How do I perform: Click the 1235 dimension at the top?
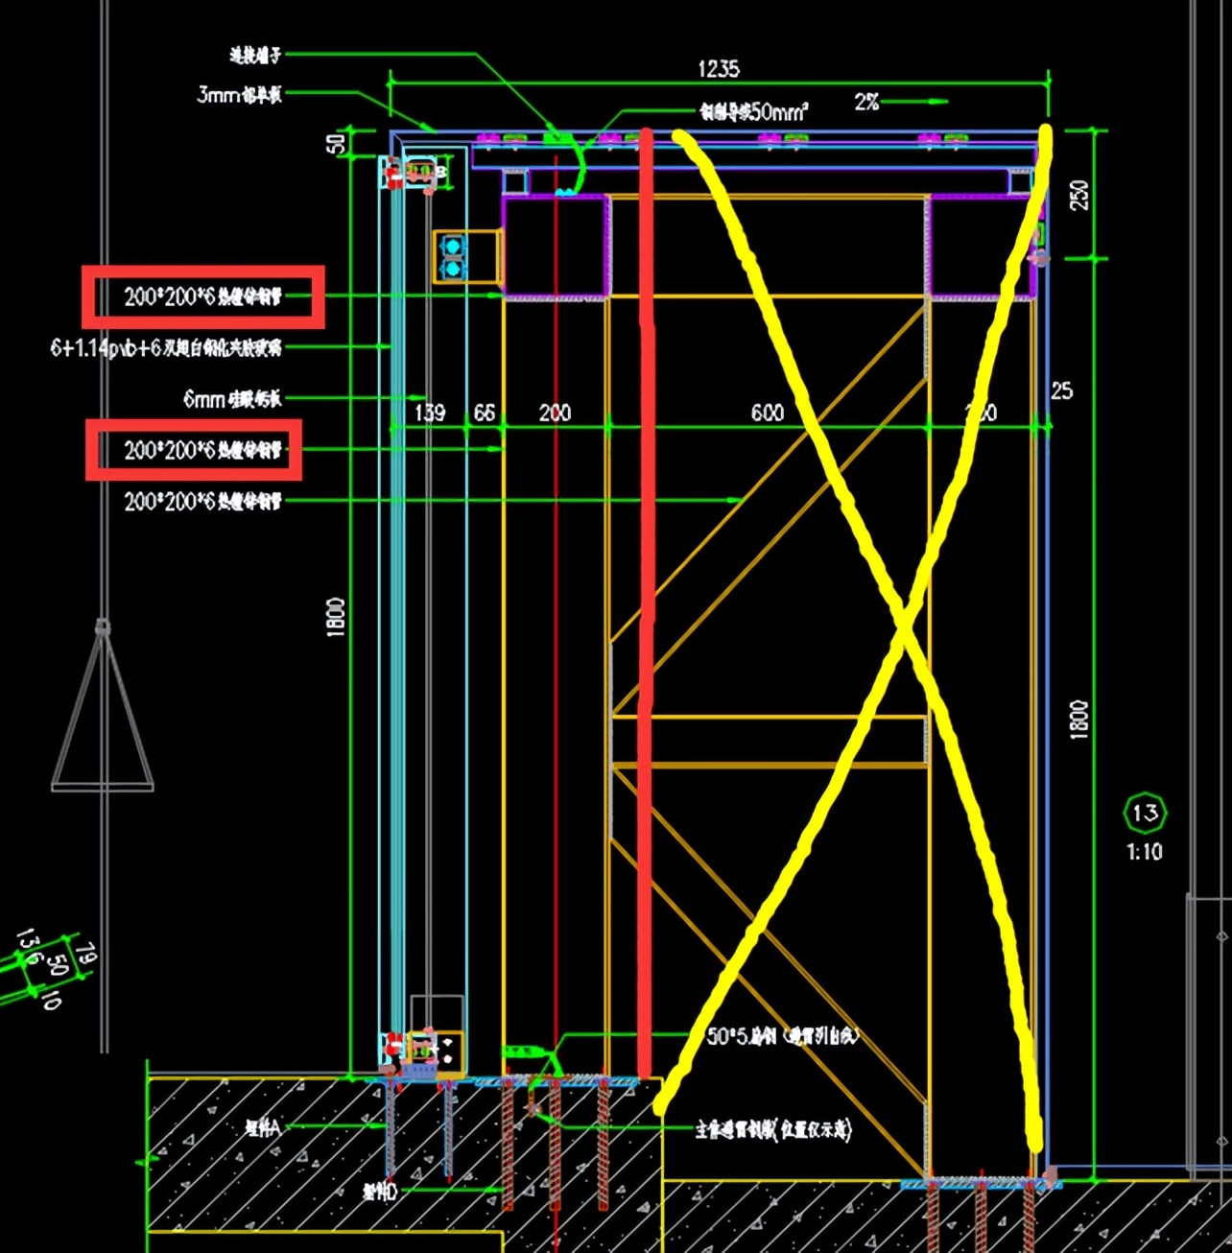pyautogui.click(x=719, y=69)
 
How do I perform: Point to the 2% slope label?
pyautogui.click(x=867, y=102)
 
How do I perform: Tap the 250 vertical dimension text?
pyautogui.click(x=1079, y=195)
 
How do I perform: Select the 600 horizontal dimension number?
pyautogui.click(x=767, y=413)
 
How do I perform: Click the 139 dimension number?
pyautogui.click(x=430, y=413)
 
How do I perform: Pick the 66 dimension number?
pyautogui.click(x=485, y=413)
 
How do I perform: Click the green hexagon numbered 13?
pyautogui.click(x=1145, y=814)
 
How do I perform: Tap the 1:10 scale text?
pyautogui.click(x=1145, y=851)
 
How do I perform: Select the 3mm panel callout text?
pyautogui.click(x=239, y=94)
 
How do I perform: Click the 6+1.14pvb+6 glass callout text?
pyautogui.click(x=166, y=347)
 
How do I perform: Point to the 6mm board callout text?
pyautogui.click(x=232, y=398)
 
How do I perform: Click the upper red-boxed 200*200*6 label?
pyautogui.click(x=202, y=296)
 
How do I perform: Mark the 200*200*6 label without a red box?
pyautogui.click(x=202, y=501)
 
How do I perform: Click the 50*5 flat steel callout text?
pyautogui.click(x=783, y=1036)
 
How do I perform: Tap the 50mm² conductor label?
pyautogui.click(x=754, y=112)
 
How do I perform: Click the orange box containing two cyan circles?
pyautogui.click(x=454, y=256)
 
